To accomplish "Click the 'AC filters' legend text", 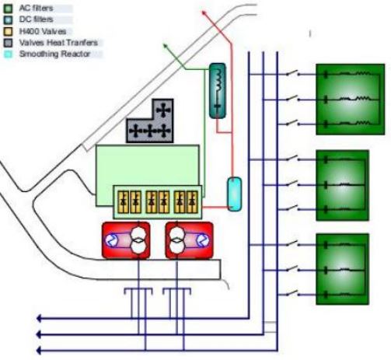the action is coord(36,8).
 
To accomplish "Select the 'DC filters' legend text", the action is coord(36,19).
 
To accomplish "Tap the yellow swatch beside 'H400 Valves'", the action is coord(8,32).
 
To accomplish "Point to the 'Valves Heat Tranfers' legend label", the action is coord(58,43).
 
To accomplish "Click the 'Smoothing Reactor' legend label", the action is coord(54,54).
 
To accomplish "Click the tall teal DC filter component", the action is coord(218,91).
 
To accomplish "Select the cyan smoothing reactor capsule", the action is coord(235,194).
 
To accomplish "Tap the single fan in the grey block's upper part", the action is coord(163,110).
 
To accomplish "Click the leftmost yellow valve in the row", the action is coord(124,202).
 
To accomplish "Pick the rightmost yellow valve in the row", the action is coord(192,202).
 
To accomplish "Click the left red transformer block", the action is coord(126,240).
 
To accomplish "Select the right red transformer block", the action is coord(189,240).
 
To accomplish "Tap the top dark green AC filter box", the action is coord(350,100).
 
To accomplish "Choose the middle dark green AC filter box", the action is coord(342,185).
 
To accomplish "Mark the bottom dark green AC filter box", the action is coord(342,269).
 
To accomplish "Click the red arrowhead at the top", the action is coord(204,12).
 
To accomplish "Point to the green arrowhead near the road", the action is coord(165,46).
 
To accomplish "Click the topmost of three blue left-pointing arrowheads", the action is coord(39,318).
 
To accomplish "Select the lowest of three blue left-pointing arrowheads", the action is coord(39,351).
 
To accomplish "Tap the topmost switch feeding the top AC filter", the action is coord(292,73).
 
